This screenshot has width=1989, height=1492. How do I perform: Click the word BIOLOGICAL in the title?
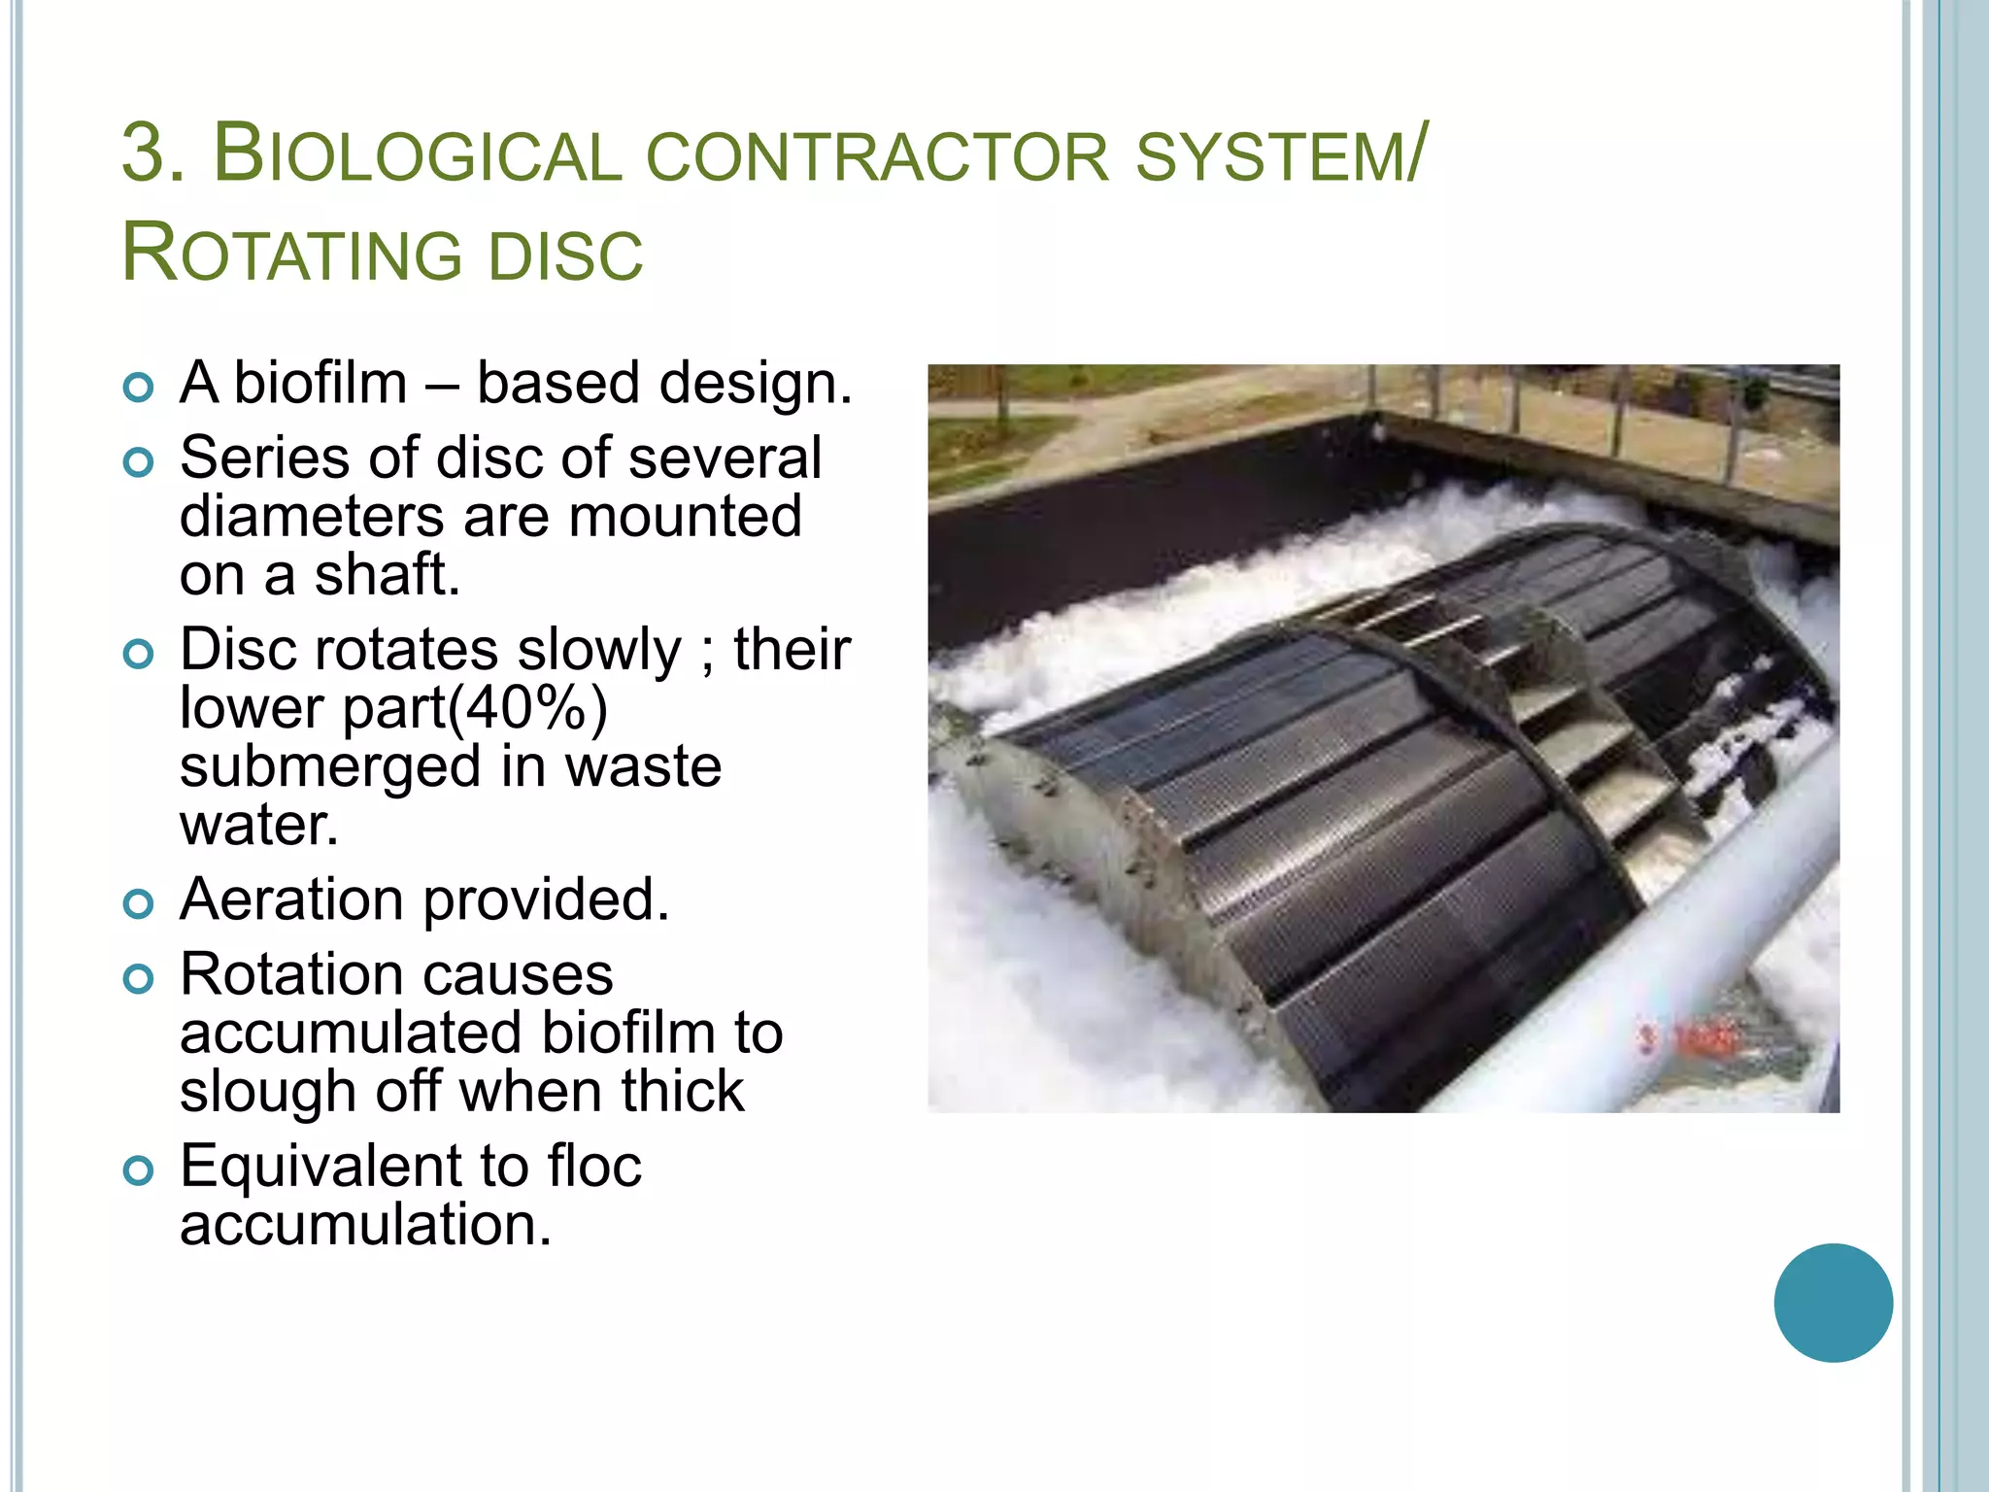418,155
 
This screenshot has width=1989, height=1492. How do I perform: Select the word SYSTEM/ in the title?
1281,155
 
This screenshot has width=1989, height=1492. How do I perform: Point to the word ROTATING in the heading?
291,254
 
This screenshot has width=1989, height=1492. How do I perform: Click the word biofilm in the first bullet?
320,383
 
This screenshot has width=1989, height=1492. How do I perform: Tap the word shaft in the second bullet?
387,575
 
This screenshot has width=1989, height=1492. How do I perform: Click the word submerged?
330,766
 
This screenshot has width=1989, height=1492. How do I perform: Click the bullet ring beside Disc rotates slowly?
139,655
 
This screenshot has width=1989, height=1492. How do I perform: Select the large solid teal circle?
1833,1303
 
